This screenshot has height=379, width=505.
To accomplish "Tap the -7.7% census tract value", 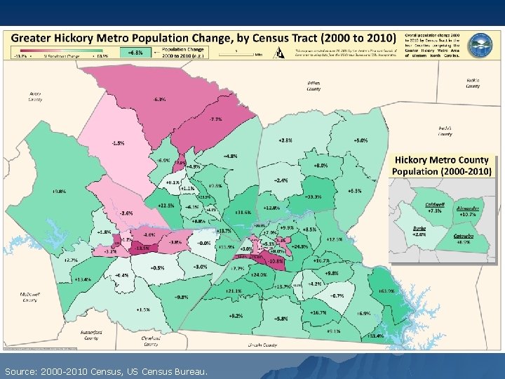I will [215, 119].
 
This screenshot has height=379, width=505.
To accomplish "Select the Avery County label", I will [35, 96].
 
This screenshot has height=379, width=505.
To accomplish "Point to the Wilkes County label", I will [314, 86].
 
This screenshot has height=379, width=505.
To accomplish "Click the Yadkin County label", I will [473, 84].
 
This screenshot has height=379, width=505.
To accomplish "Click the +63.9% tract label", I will [386, 290].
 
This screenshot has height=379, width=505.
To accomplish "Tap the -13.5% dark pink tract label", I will [142, 248].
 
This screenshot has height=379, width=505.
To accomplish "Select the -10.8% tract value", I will [276, 261].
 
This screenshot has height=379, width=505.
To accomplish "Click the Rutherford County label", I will [91, 335].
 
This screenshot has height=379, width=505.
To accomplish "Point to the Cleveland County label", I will [150, 341].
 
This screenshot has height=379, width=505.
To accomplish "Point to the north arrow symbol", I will [279, 52].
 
